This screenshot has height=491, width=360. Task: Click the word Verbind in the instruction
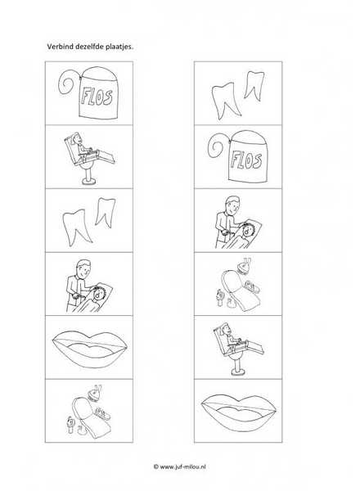[56, 47]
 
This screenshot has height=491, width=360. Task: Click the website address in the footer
[182, 466]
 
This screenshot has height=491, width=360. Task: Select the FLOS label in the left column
[96, 96]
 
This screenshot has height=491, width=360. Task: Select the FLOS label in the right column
[245, 160]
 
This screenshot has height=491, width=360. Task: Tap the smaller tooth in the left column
[105, 212]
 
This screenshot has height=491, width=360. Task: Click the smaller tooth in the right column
[254, 85]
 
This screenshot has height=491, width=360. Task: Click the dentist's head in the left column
[84, 268]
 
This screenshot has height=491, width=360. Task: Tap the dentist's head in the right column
[233, 205]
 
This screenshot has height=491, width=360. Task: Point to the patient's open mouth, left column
[99, 295]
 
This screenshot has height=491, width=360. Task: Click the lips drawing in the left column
[90, 347]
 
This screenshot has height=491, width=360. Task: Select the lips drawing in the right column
[239, 411]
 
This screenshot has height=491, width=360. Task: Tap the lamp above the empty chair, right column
[241, 265]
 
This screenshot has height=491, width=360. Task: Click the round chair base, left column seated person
[88, 181]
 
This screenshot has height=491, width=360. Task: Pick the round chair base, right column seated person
[237, 372]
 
